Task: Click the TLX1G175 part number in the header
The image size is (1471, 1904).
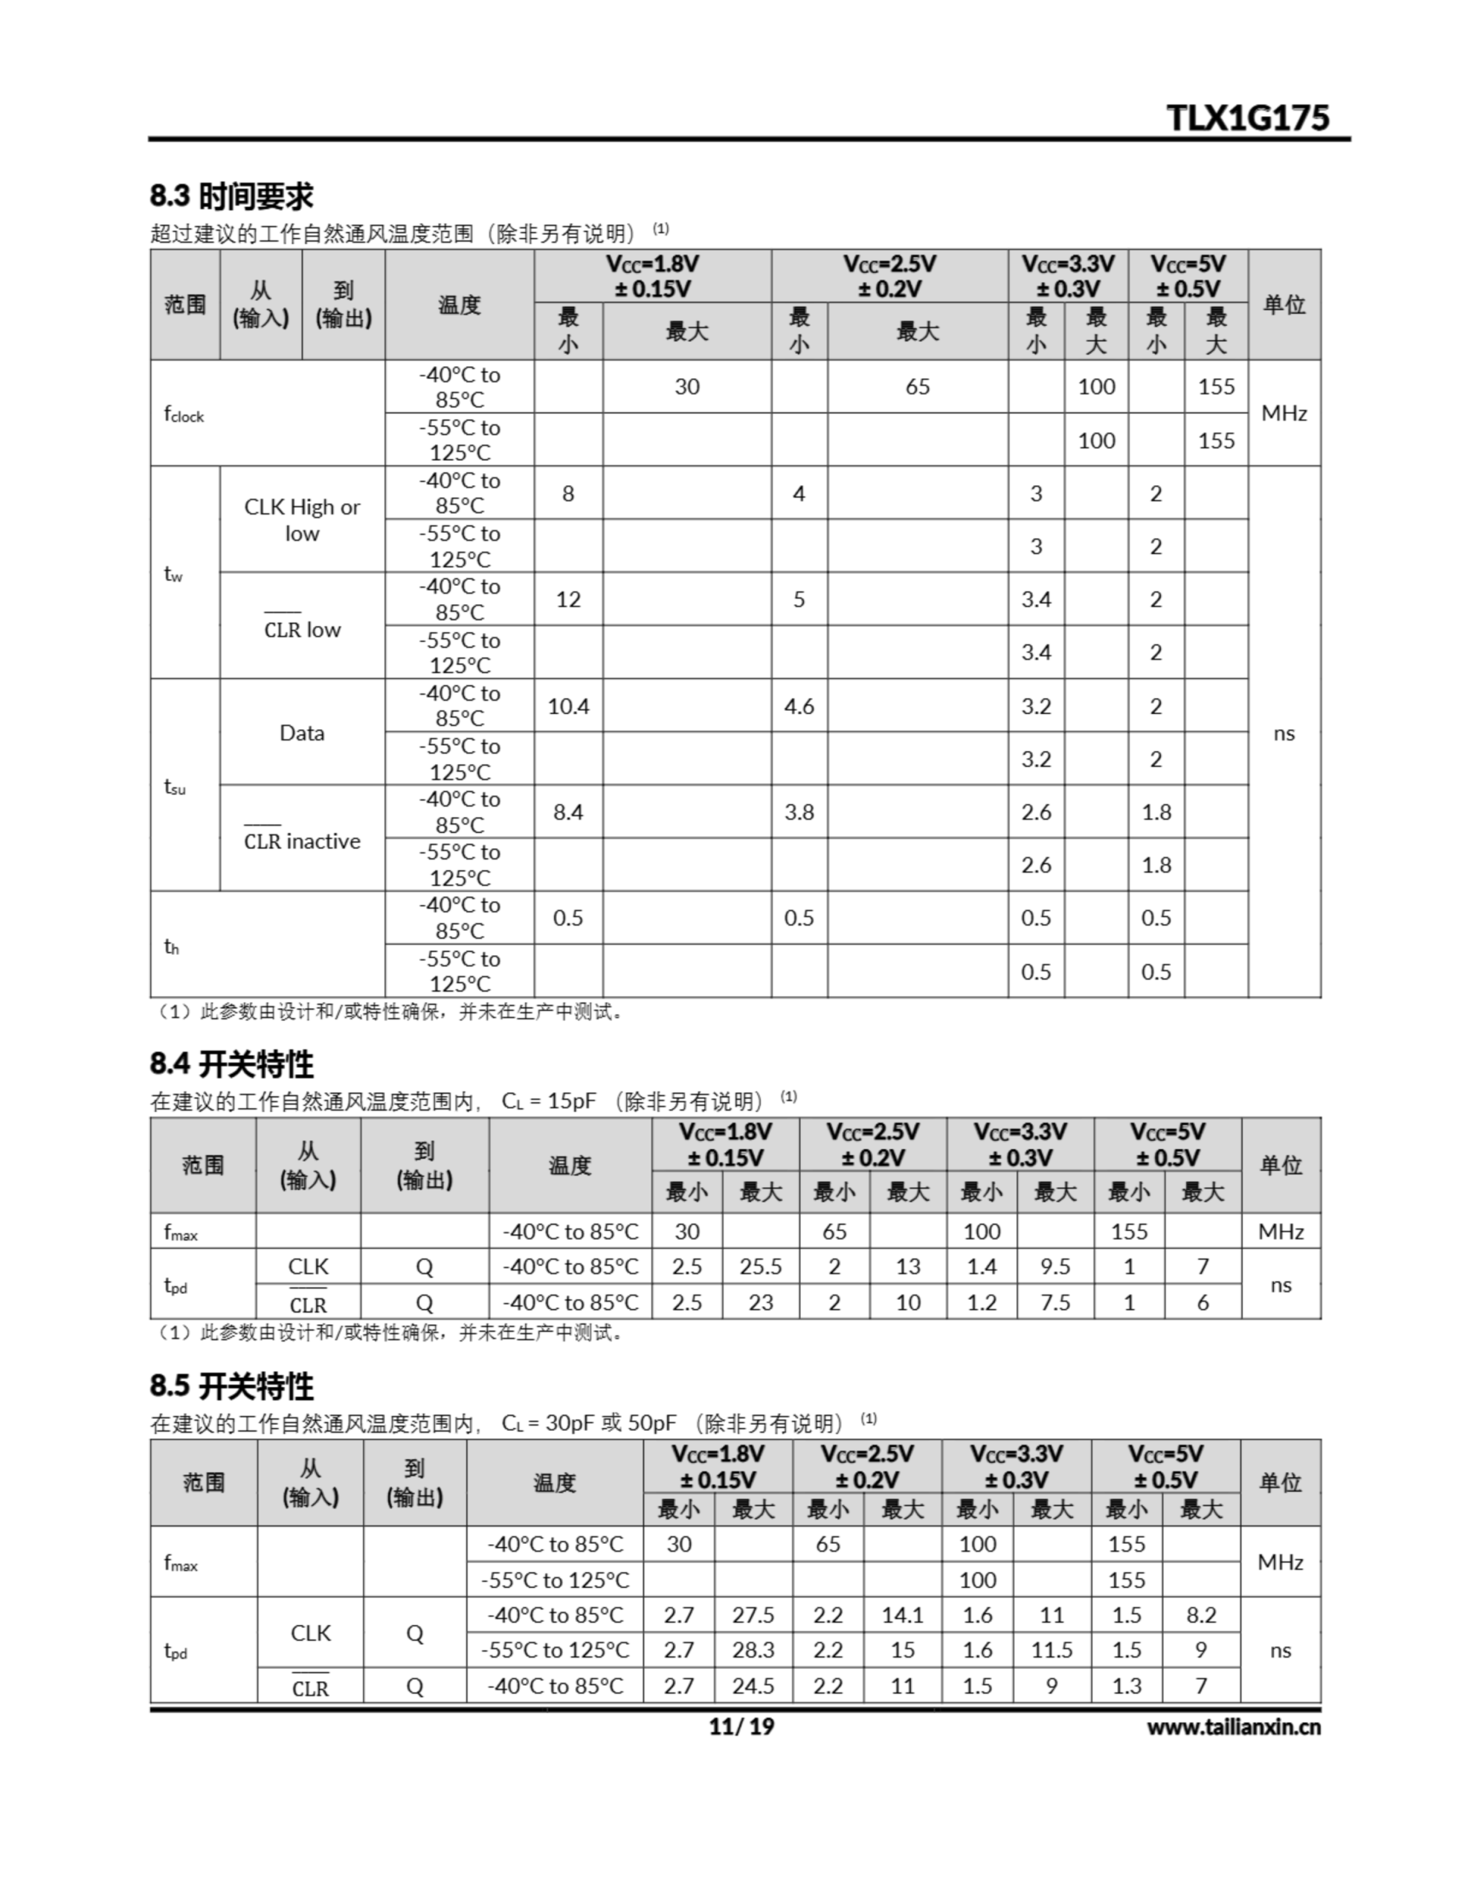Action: click(1248, 118)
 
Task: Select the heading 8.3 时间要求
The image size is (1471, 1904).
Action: click(231, 196)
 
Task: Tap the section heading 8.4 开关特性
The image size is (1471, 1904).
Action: click(231, 1064)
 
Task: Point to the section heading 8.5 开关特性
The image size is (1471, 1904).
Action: click(231, 1386)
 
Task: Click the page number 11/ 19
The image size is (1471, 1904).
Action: click(741, 1727)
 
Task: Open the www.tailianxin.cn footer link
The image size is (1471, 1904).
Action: click(1233, 1727)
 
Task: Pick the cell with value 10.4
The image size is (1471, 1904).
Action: click(567, 706)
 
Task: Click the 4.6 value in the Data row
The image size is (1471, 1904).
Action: click(799, 706)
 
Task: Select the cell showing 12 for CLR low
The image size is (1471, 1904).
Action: click(567, 599)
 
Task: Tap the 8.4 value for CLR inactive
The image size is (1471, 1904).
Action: click(567, 812)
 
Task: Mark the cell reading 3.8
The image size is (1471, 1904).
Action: click(799, 812)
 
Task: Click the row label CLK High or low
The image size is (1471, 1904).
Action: click(302, 520)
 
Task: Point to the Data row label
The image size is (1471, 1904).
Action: click(302, 733)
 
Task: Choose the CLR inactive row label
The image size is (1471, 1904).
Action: click(302, 841)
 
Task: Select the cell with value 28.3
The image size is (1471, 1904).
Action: click(753, 1650)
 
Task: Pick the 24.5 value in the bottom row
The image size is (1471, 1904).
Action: click(753, 1686)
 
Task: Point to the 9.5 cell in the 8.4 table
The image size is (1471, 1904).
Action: click(1055, 1267)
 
